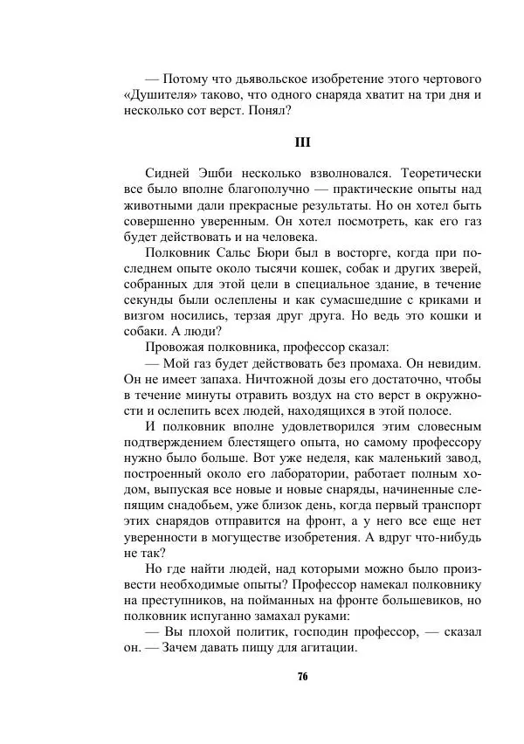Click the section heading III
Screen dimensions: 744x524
point(302,141)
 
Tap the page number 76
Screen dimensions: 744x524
point(302,678)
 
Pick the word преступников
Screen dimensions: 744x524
point(184,602)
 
